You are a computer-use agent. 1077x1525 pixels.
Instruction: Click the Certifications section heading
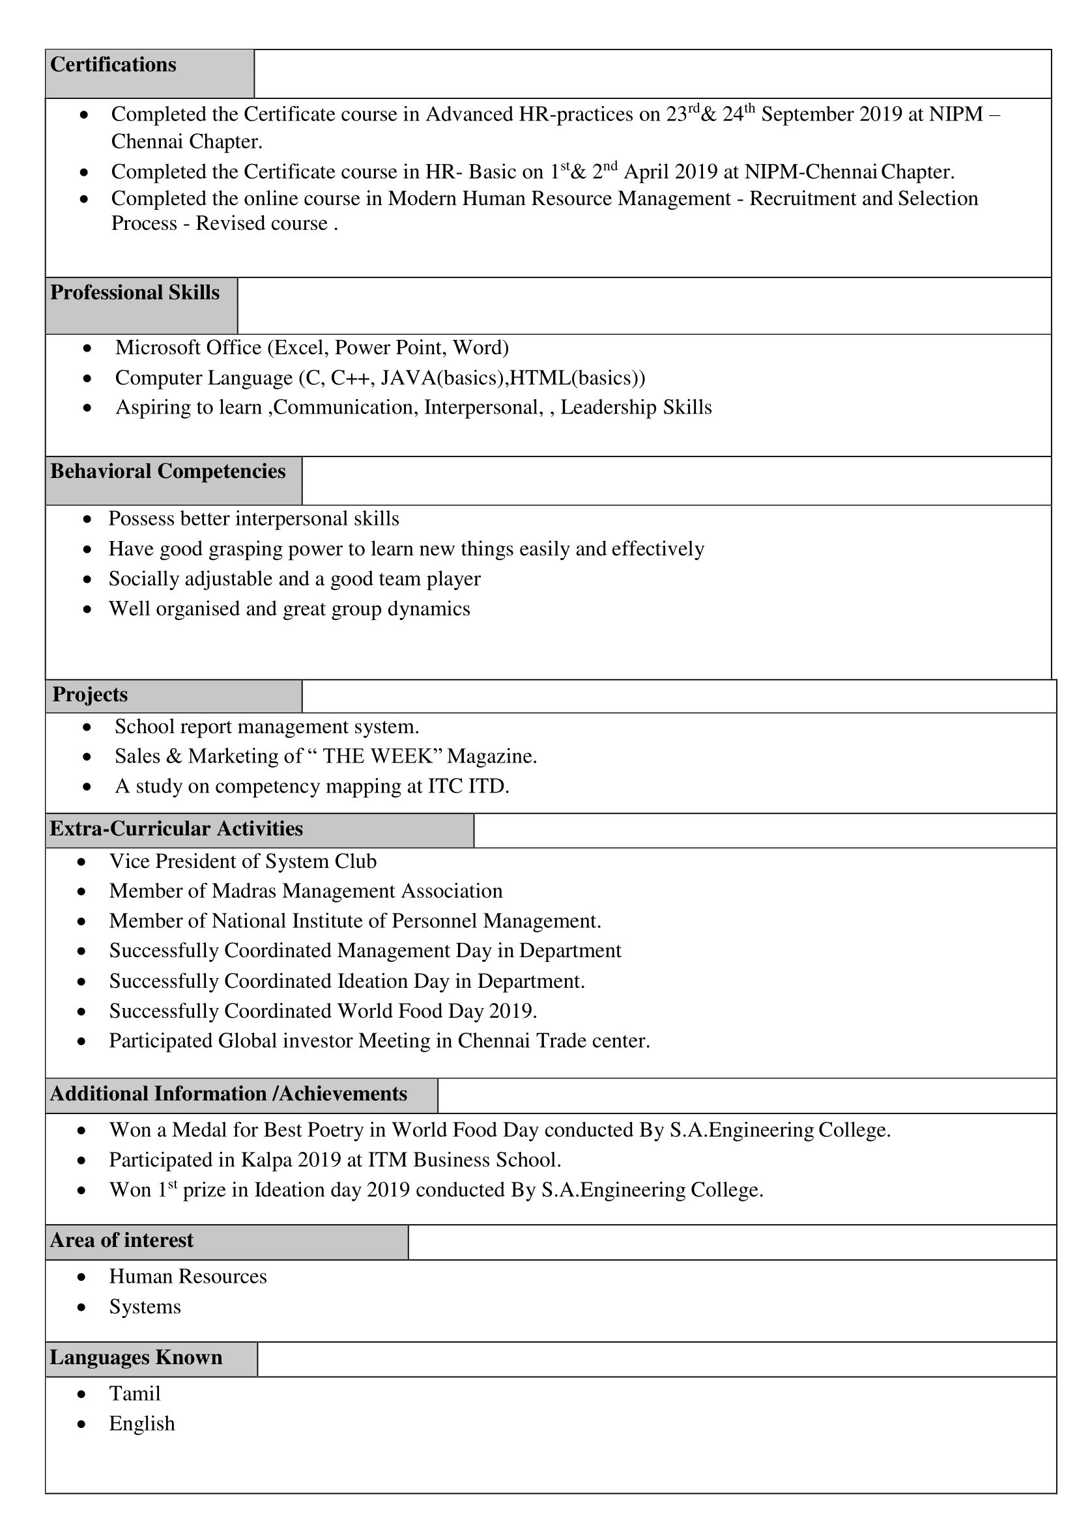(x=113, y=64)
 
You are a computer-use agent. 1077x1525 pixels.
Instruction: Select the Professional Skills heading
(x=135, y=292)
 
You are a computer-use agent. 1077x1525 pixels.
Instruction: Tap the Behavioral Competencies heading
(x=167, y=471)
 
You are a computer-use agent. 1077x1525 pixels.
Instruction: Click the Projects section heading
(x=90, y=694)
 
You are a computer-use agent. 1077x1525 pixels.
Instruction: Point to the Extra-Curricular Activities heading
(x=176, y=828)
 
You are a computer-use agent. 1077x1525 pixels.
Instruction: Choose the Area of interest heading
(x=122, y=1240)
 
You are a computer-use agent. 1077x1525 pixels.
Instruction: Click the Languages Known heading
(x=136, y=1357)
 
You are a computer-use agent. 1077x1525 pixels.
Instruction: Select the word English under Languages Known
(x=142, y=1423)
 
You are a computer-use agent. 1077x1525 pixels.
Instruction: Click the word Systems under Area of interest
(x=145, y=1306)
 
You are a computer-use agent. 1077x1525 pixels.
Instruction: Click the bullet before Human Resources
(x=81, y=1277)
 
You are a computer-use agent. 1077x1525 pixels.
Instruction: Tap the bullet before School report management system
(x=87, y=727)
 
